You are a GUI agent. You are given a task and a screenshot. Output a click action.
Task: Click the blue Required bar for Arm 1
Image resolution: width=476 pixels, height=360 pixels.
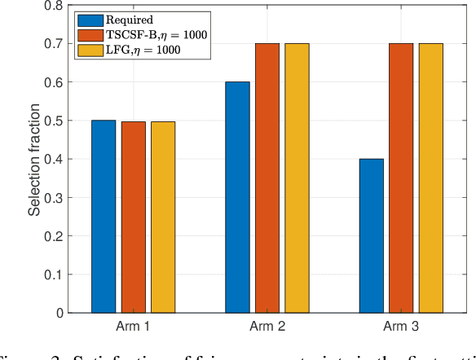(104, 217)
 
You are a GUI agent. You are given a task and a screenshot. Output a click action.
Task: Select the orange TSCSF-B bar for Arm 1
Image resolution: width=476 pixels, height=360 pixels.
(134, 217)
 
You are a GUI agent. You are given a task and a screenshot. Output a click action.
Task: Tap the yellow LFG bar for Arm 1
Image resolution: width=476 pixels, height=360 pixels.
(163, 217)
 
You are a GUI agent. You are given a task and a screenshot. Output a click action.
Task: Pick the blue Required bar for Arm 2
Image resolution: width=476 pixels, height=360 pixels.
(238, 197)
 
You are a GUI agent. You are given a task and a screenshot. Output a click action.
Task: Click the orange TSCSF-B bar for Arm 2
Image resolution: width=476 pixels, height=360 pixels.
(267, 178)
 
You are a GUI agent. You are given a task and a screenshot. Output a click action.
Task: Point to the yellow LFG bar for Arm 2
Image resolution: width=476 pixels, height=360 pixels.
(297, 178)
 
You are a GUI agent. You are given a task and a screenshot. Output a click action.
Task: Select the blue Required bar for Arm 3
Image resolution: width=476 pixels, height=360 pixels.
(372, 235)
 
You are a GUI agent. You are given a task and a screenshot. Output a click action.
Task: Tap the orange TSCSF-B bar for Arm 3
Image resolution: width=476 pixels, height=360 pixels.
(401, 178)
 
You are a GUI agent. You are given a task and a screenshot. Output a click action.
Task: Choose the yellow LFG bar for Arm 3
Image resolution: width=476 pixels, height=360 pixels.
(430, 178)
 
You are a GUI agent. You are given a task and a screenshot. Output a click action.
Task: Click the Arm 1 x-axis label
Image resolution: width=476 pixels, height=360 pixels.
(134, 327)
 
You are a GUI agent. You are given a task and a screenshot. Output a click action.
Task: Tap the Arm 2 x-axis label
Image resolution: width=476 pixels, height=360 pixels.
(267, 327)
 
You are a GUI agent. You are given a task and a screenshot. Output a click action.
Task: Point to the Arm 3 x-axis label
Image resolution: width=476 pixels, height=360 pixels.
(401, 327)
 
